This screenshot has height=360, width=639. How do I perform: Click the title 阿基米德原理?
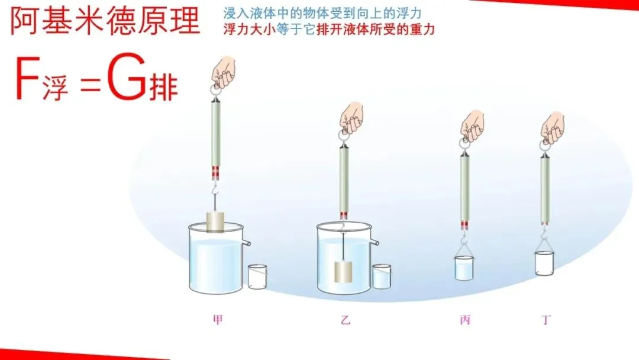tap(105, 22)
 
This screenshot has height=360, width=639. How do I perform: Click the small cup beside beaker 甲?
tap(257, 277)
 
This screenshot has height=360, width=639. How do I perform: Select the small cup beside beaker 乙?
tap(382, 277)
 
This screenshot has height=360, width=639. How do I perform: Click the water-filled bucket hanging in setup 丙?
tap(464, 268)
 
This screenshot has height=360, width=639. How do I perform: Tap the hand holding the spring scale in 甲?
tap(223, 70)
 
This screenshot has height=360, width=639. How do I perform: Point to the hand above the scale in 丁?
tap(553, 127)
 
